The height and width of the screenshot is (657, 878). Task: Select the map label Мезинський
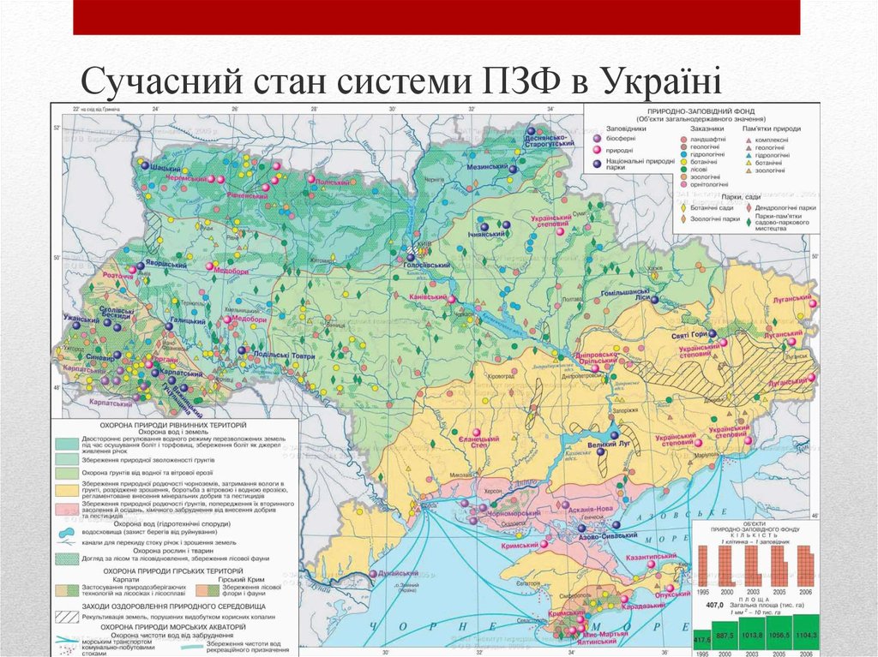[489, 168]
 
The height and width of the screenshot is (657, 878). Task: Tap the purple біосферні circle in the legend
[598, 138]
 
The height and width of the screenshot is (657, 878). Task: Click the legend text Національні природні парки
[638, 164]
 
